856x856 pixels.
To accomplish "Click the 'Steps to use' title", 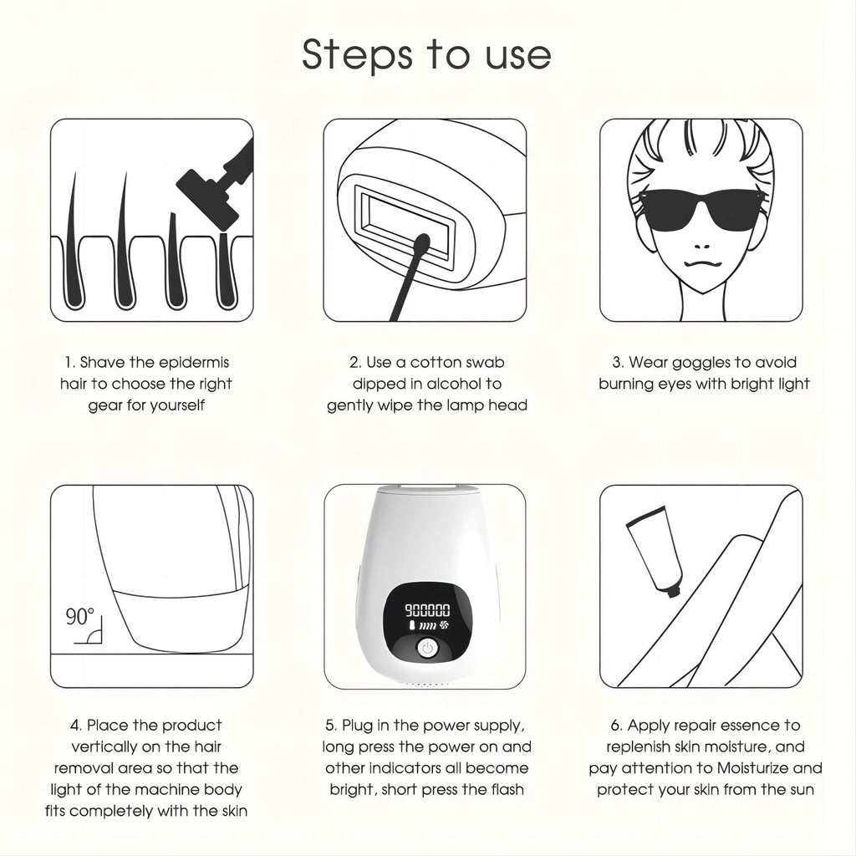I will click(426, 54).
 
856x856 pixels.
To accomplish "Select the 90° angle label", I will click(80, 618).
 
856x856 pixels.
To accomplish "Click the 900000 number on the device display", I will click(426, 611).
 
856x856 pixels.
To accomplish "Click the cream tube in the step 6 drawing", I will click(652, 553).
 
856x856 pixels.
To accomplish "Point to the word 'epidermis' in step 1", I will click(191, 363).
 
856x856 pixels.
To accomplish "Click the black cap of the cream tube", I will click(673, 589).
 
